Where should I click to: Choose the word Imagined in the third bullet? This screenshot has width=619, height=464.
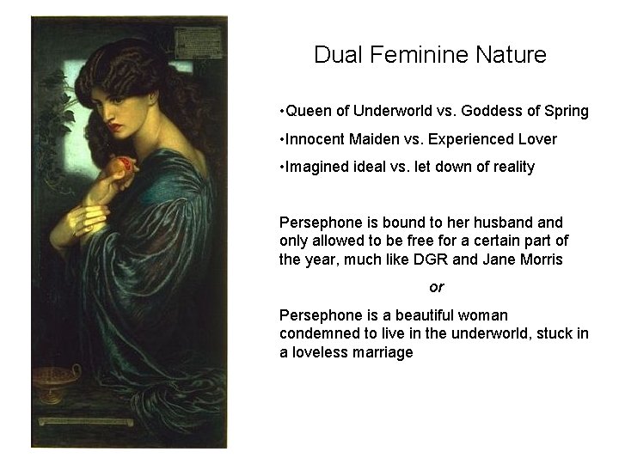pos(315,168)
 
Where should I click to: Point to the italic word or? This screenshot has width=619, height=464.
pos(437,287)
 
